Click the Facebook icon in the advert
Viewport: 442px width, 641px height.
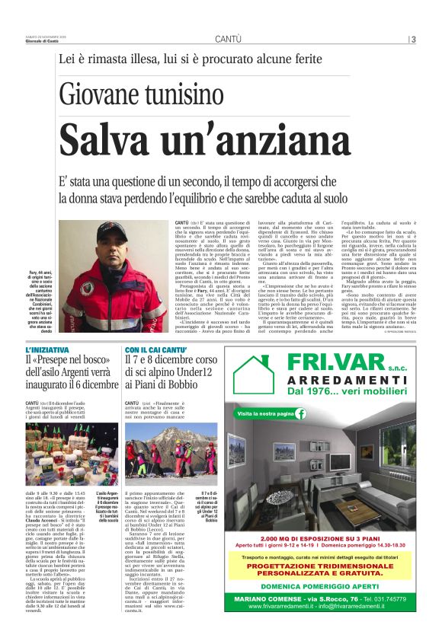tap(301, 413)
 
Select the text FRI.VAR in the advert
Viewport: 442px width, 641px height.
tap(325, 362)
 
